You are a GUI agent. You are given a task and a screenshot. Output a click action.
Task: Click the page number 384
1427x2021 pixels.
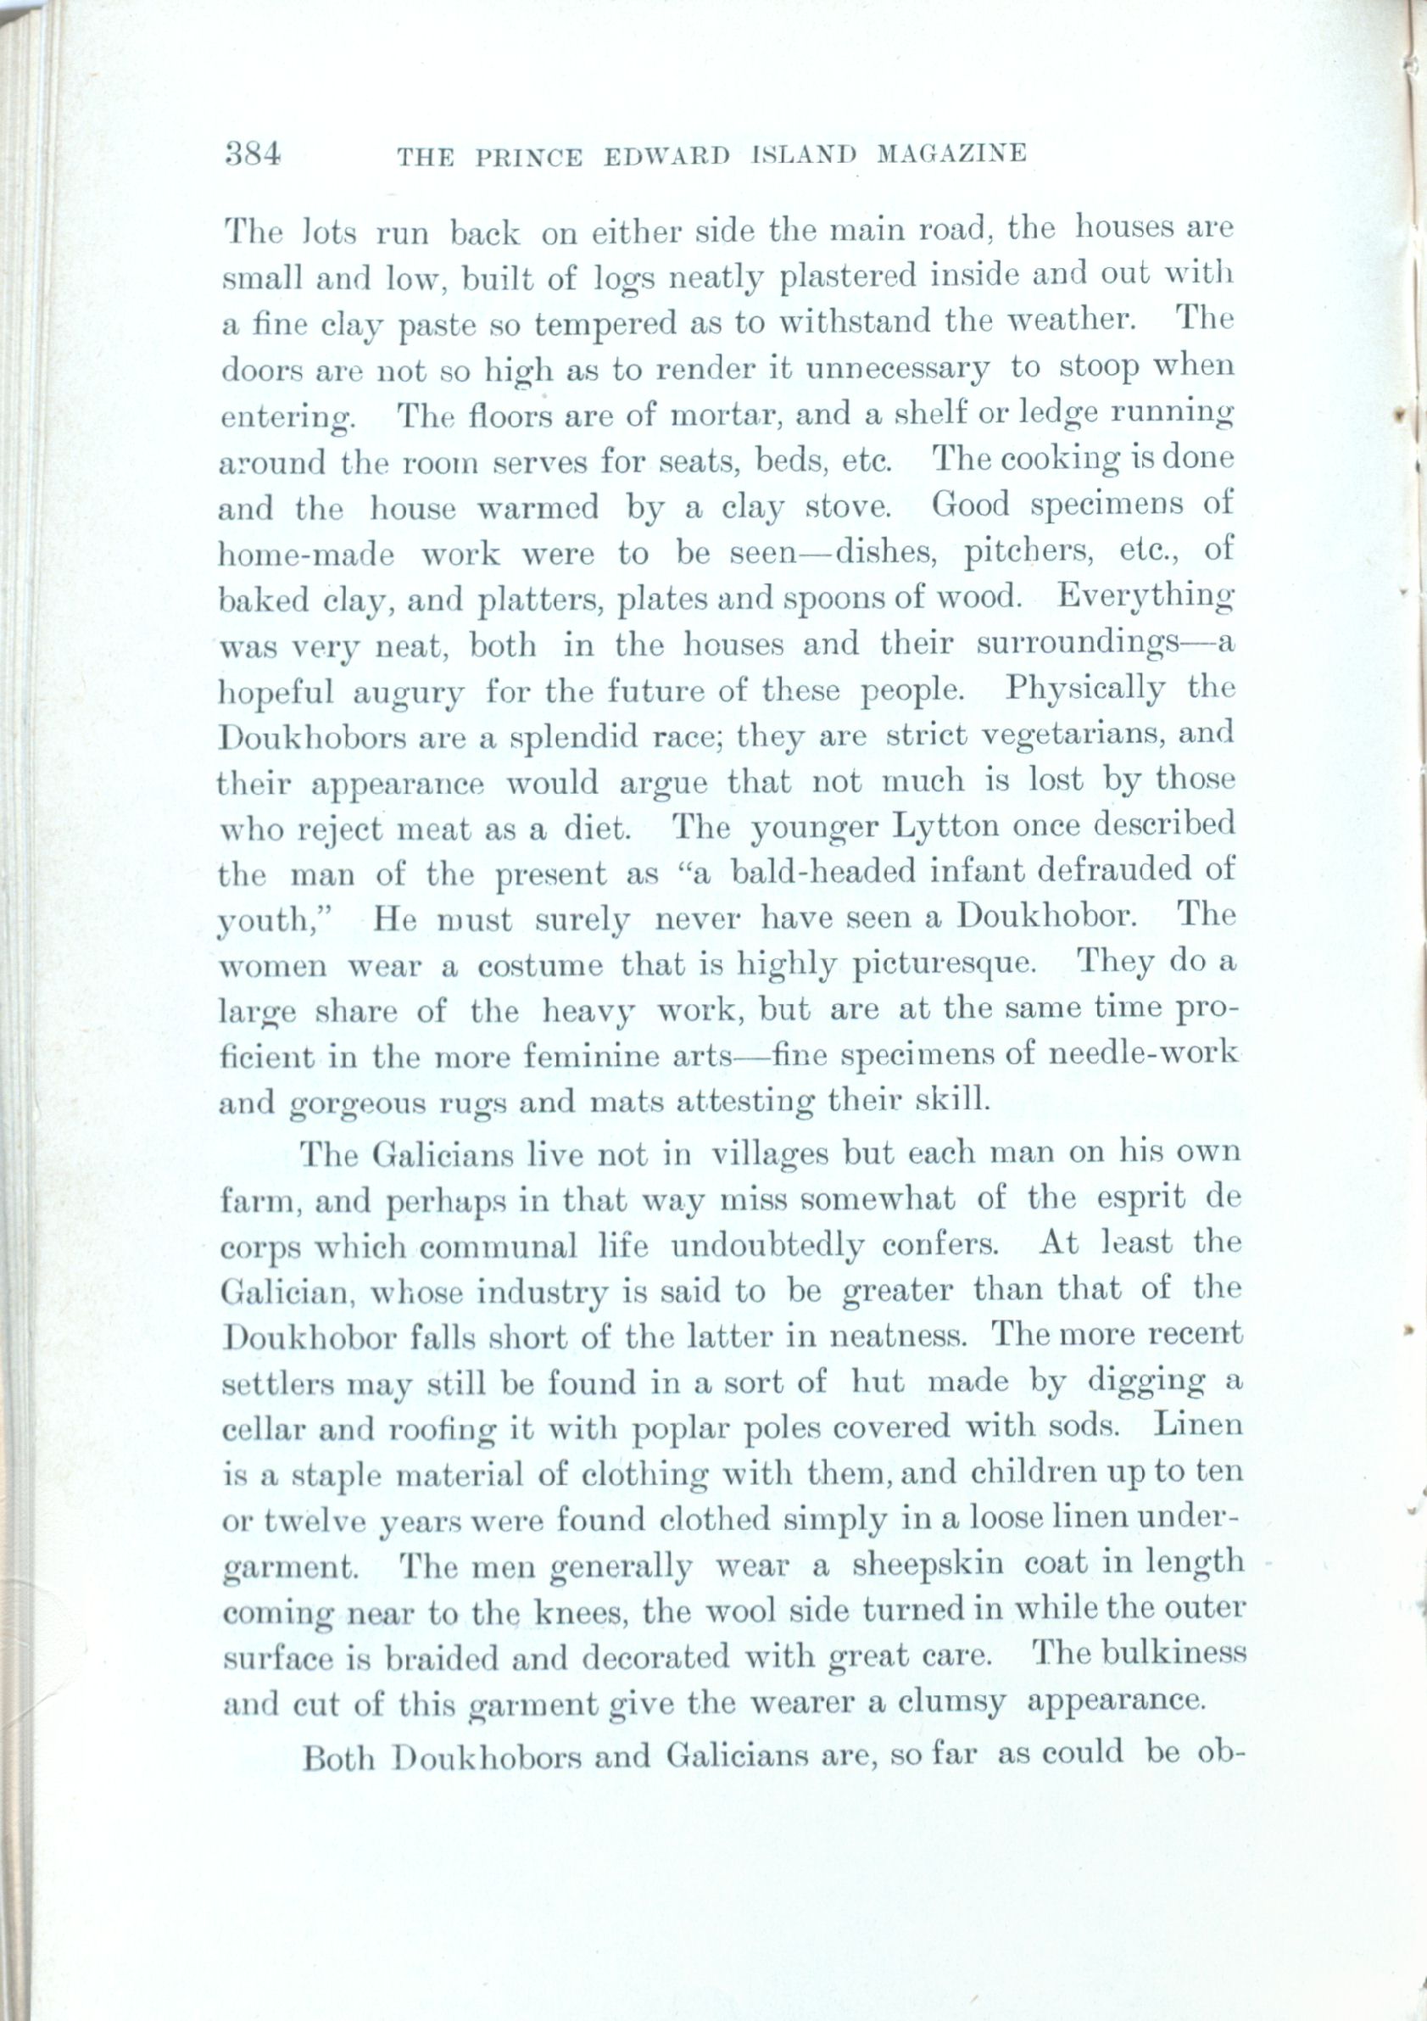253,155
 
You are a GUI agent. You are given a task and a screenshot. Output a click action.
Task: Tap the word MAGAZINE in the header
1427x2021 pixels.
952,155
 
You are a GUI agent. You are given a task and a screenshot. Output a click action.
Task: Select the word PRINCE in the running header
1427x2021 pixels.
528,157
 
